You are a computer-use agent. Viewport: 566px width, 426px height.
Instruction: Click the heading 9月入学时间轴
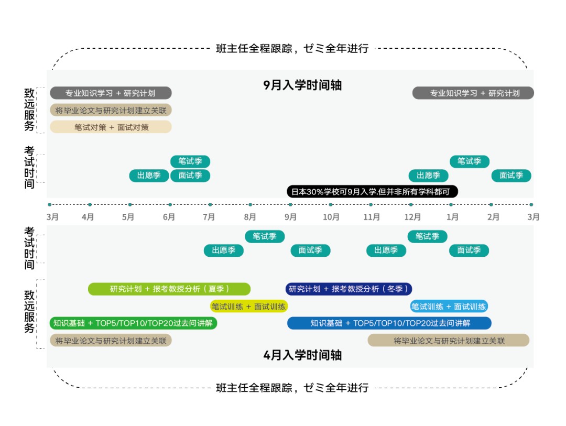(x=302, y=85)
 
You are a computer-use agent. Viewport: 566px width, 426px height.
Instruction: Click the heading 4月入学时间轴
(x=302, y=355)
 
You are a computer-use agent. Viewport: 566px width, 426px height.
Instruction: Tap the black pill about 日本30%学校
(x=372, y=192)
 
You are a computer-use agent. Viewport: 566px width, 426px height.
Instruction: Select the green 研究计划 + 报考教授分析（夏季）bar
(x=169, y=289)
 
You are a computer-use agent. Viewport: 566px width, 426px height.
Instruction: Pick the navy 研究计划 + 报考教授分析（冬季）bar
(x=349, y=289)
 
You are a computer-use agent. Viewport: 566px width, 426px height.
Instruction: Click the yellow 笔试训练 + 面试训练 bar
(x=249, y=307)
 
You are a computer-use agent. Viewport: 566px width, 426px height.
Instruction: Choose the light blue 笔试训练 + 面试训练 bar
(x=449, y=307)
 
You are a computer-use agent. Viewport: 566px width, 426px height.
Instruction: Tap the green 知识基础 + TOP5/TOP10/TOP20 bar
(x=133, y=323)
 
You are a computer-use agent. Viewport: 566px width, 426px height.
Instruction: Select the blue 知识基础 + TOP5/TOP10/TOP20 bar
(x=389, y=323)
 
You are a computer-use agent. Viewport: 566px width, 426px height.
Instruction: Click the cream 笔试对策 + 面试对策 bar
(x=111, y=127)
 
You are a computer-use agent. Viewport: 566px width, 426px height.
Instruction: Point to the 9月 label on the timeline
(x=290, y=217)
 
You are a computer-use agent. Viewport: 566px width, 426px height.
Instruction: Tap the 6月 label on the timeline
(x=169, y=217)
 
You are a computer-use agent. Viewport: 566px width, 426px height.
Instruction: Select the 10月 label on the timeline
(x=331, y=217)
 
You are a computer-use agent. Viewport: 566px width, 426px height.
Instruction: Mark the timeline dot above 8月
(x=251, y=204)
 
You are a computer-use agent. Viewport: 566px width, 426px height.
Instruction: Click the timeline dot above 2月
(x=491, y=204)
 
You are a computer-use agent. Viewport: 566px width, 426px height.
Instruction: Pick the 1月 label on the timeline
(x=452, y=217)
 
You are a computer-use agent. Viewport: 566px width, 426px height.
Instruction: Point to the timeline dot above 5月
(x=130, y=204)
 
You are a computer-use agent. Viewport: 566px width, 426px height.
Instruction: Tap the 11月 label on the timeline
(x=372, y=217)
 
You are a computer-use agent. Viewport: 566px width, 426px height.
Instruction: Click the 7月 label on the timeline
(x=209, y=217)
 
